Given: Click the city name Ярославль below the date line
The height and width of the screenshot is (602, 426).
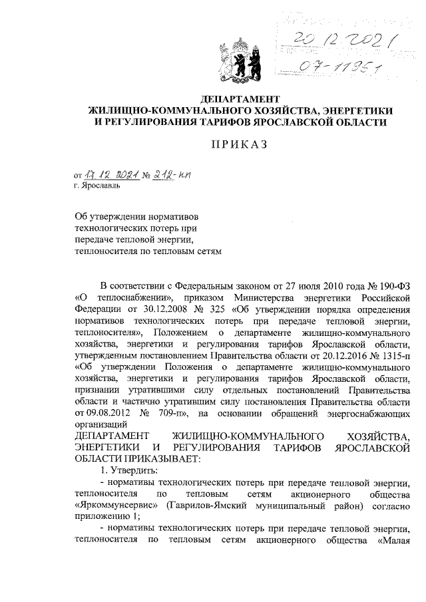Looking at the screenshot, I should click(x=98, y=187).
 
